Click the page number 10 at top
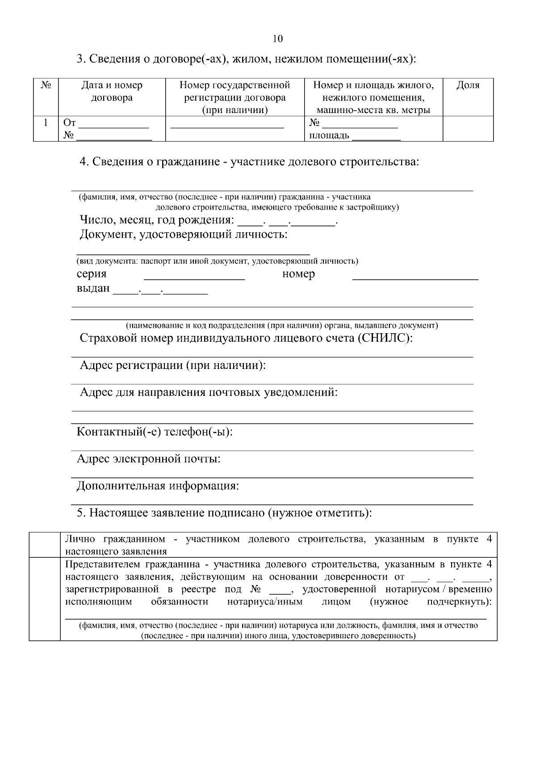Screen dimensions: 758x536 pos(277,39)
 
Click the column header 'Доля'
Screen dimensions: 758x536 pos(468,85)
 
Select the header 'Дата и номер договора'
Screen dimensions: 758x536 pos(112,91)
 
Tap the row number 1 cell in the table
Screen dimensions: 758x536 pos(46,122)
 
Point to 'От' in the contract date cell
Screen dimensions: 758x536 pos(70,122)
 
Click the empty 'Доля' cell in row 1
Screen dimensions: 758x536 pos(468,129)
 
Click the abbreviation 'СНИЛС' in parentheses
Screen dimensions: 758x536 pos(384,338)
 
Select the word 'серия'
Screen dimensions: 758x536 pos(92,274)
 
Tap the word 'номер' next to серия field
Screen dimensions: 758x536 pos(298,274)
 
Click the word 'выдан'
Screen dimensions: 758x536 pos(93,288)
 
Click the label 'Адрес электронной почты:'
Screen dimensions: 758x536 pos(148,459)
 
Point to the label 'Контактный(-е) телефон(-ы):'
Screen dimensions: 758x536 pos(155,432)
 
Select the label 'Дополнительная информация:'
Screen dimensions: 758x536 pos(158,486)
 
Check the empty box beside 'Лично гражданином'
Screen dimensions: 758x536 pos(45,544)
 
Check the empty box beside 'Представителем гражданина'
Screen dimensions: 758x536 pos(45,599)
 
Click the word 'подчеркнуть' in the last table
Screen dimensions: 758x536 pos(458,602)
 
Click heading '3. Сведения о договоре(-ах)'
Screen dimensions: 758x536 pos(246,59)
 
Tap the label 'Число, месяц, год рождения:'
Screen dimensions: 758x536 pos(157,220)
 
